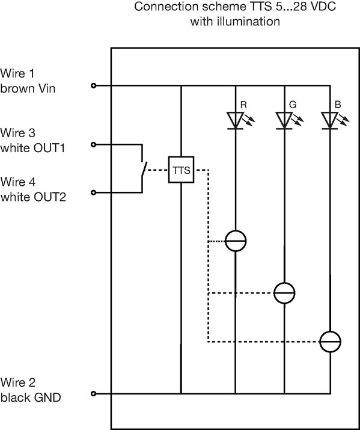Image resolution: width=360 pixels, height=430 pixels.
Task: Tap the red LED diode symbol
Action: point(236,120)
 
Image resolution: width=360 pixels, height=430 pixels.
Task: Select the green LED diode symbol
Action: point(284,120)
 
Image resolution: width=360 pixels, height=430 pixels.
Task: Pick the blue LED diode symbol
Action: point(329,120)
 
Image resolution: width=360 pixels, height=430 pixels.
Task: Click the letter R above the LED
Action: point(243,105)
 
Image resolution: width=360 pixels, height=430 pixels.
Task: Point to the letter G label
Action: point(293,105)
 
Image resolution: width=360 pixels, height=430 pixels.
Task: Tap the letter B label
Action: point(338,105)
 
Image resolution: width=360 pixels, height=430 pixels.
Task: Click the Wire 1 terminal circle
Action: point(93,86)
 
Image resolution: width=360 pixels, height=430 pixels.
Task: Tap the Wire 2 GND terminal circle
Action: point(93,394)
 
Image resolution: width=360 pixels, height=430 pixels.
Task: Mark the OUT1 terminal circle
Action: point(93,144)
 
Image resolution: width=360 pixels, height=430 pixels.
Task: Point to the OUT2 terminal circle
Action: point(93,192)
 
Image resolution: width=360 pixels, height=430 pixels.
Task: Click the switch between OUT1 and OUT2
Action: point(144,170)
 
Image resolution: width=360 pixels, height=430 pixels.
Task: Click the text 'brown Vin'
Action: point(28,88)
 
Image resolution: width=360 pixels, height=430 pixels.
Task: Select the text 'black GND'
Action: point(31,398)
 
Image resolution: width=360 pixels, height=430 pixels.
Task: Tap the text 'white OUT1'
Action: point(32,148)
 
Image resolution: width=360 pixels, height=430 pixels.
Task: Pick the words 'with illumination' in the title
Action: point(235,22)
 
